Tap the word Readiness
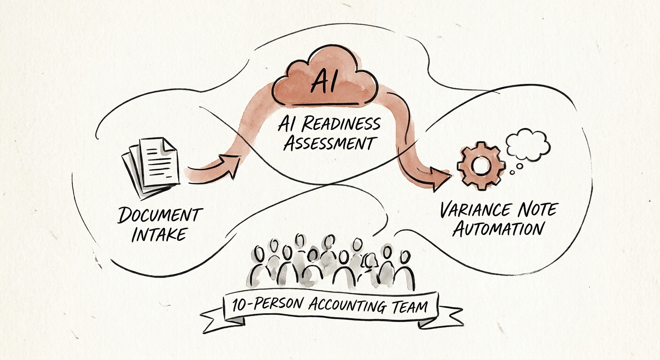tap(341, 124)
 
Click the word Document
tap(160, 215)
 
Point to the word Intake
tap(159, 234)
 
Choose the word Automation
tap(498, 228)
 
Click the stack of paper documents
tap(150, 168)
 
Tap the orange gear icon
tap(481, 165)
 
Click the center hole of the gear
tap(481, 165)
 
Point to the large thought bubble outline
tap(528, 144)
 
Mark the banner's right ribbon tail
tap(441, 317)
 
